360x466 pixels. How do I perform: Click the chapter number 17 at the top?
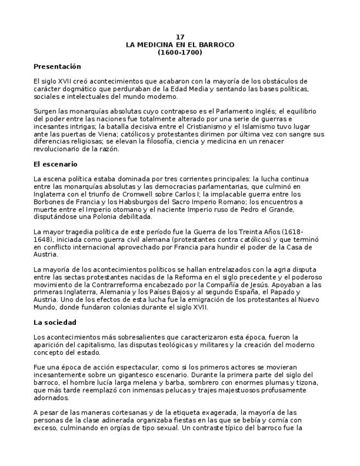(180, 37)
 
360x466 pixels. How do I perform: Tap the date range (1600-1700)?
(180, 52)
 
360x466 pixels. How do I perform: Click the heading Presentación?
(57, 66)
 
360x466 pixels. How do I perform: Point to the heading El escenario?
(56, 164)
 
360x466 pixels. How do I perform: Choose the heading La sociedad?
(55, 322)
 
